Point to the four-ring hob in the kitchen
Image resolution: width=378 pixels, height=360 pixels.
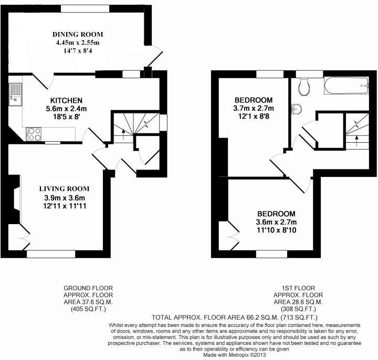click(34, 133)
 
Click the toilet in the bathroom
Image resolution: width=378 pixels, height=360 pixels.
click(303, 87)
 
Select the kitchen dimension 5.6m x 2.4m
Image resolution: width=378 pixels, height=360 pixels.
click(66, 109)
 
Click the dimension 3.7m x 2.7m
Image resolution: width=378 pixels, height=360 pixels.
click(254, 109)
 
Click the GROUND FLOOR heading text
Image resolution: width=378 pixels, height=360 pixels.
click(88, 288)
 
